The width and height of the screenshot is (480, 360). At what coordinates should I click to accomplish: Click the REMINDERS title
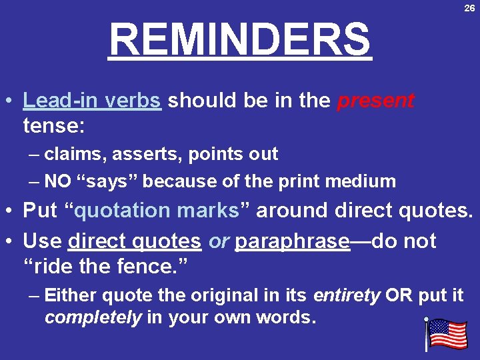tap(240, 39)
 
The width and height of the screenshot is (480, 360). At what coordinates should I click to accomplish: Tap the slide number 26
tap(469, 8)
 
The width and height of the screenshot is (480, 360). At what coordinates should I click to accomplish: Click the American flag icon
tap(446, 334)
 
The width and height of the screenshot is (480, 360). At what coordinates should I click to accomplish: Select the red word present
tap(375, 101)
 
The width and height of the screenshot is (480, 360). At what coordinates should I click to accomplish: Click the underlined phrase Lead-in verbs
tap(91, 101)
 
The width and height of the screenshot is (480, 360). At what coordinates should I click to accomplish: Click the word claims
tap(70, 154)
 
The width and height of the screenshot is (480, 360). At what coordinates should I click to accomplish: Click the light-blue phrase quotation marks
tap(157, 211)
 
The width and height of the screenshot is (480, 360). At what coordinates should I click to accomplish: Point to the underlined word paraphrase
tap(292, 241)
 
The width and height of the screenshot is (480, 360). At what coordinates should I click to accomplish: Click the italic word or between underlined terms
tap(218, 241)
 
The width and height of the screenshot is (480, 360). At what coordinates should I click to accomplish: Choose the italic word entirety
tap(348, 295)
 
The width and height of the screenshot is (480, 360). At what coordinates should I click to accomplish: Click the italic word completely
tap(93, 317)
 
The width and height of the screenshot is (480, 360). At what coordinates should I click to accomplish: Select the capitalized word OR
tap(399, 295)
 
